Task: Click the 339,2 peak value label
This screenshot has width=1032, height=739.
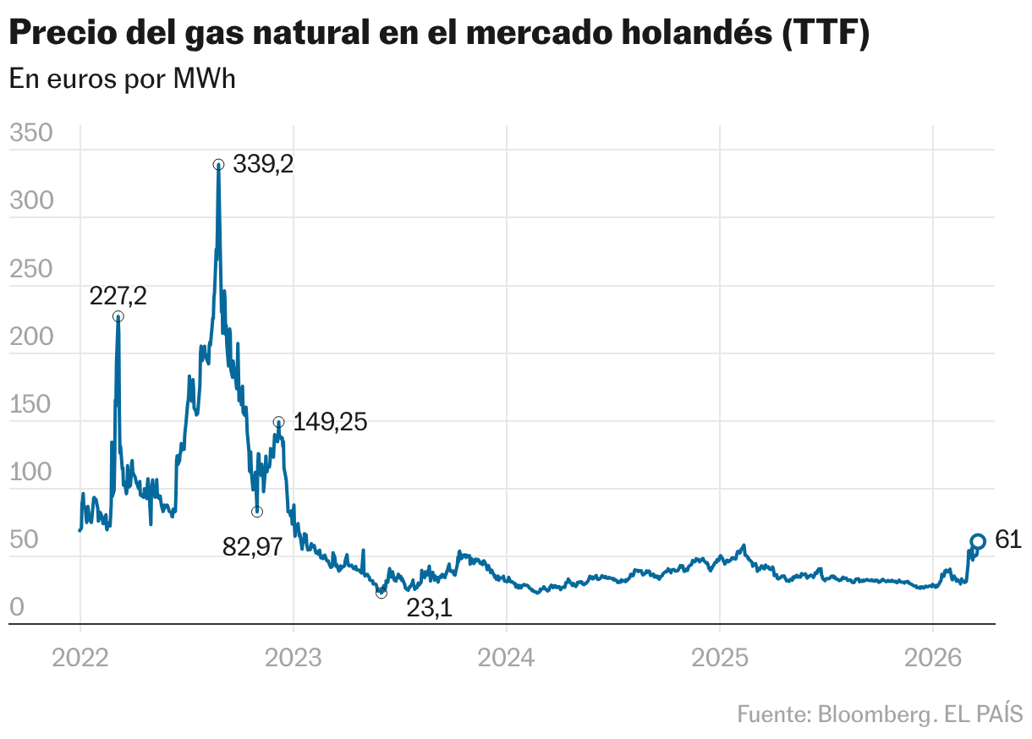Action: tap(263, 165)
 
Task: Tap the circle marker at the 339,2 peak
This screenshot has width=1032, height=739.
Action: tap(218, 165)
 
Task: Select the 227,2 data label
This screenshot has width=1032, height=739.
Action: tap(118, 296)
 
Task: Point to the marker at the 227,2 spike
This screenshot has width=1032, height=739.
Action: tap(118, 316)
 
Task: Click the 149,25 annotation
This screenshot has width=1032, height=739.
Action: tap(330, 422)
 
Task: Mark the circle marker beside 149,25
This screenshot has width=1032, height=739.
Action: tap(278, 421)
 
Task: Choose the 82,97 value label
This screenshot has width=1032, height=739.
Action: tap(252, 547)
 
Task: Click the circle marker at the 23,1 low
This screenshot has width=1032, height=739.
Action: tap(381, 593)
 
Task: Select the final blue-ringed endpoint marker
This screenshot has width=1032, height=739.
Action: tap(977, 541)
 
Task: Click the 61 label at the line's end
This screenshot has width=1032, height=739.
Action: tap(1008, 540)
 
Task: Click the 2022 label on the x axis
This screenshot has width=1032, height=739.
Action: tap(80, 657)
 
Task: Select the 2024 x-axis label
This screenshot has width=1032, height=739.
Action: tap(506, 657)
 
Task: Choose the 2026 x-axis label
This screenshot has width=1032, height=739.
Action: tap(932, 657)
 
